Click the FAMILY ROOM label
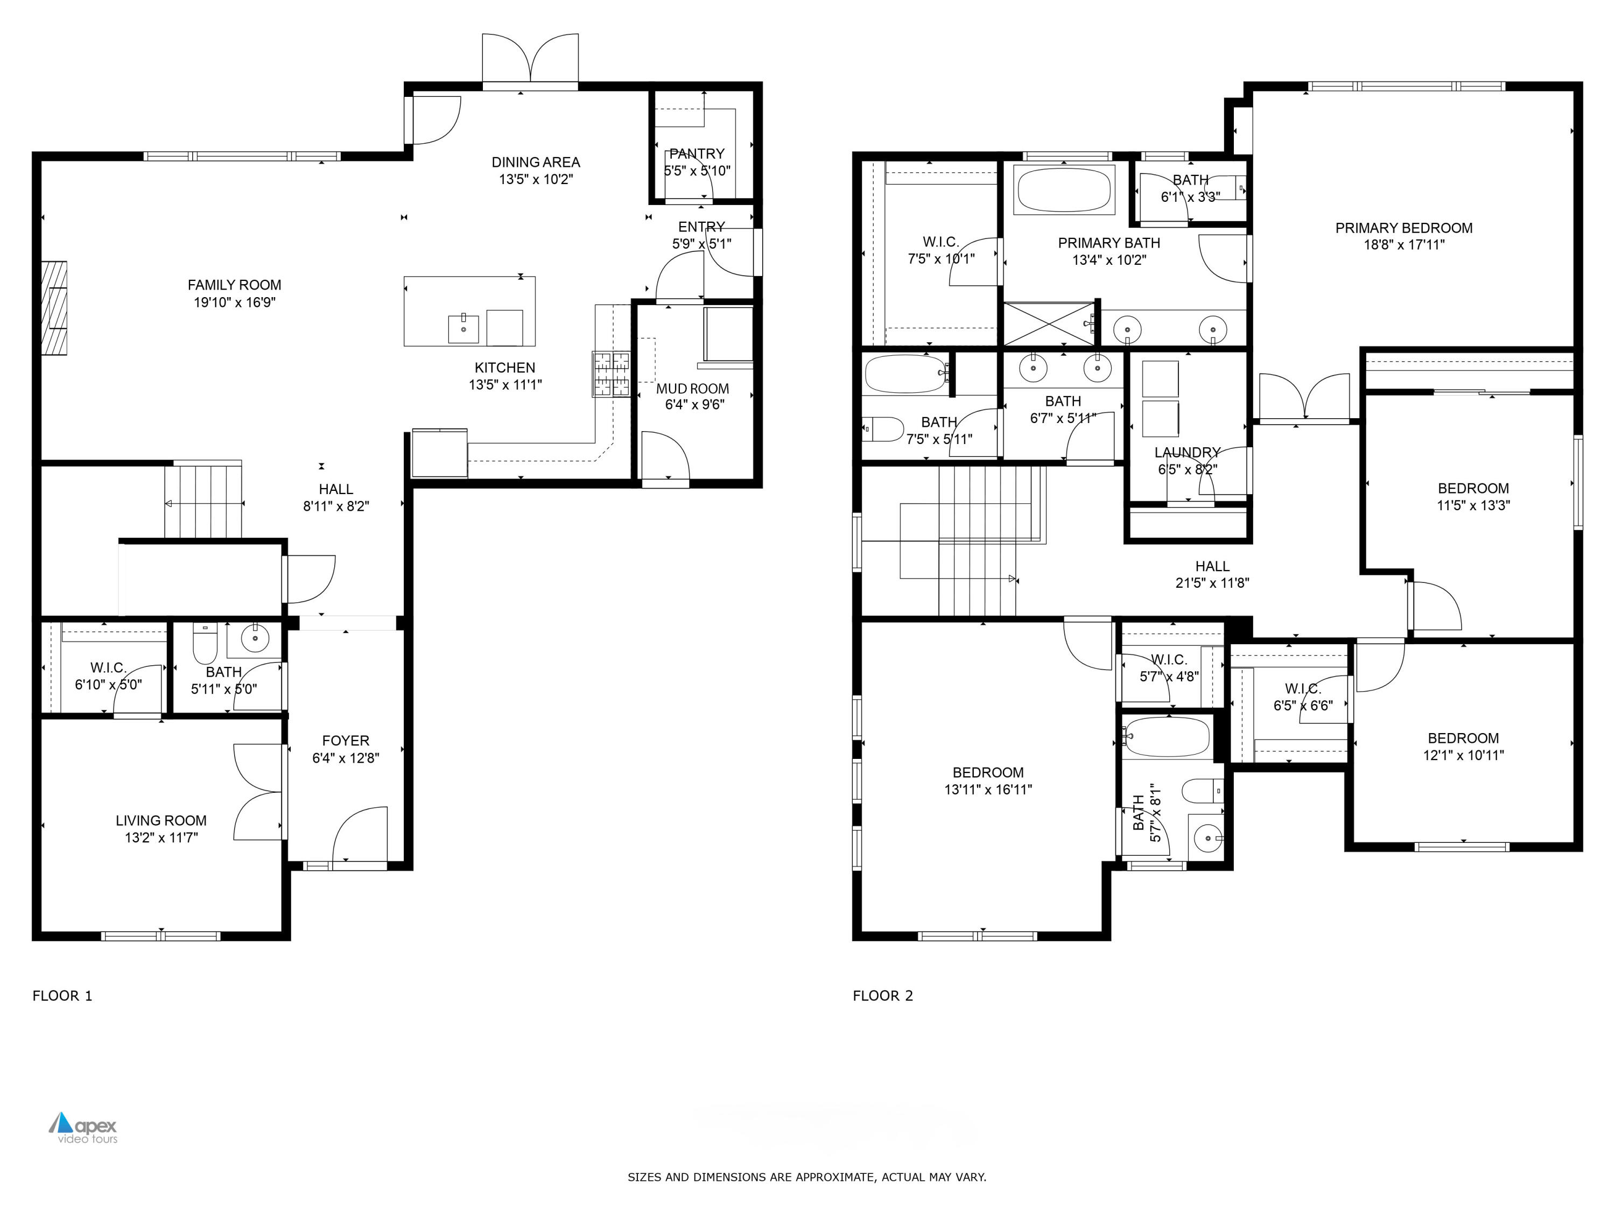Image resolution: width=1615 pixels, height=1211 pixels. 234,285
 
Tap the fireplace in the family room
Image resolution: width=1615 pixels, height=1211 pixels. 54,308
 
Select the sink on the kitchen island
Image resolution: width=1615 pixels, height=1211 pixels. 463,328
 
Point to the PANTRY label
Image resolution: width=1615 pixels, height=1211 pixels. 697,154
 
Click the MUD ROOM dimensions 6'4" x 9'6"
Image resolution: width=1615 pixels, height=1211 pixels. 693,404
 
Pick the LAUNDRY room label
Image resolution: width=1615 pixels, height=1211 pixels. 1187,453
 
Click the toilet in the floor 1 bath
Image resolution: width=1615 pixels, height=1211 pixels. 205,642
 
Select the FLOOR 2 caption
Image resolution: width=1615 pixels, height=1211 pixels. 883,996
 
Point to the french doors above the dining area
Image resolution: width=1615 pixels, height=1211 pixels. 530,60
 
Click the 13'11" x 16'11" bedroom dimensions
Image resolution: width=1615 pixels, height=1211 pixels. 988,789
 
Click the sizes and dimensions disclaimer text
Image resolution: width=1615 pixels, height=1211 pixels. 807,1177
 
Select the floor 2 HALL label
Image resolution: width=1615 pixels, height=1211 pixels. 1212,566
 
